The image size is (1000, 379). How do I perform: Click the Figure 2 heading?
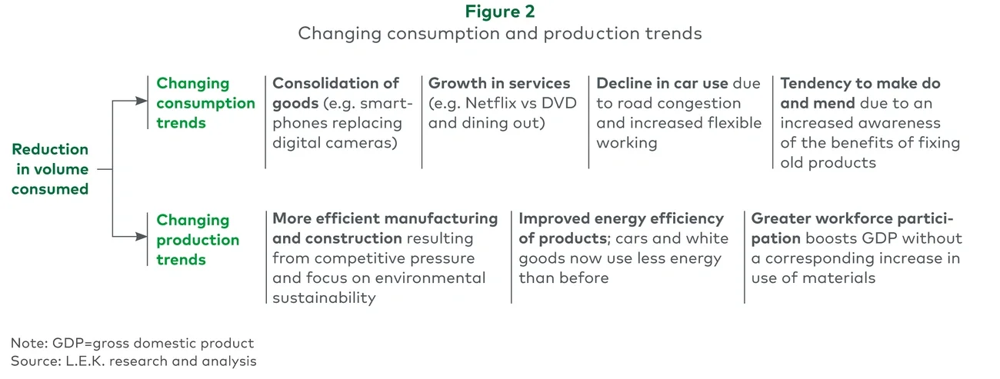pyautogui.click(x=500, y=12)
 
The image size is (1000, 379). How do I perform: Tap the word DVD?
pyautogui.click(x=559, y=103)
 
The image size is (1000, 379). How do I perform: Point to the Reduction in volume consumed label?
pyautogui.click(x=50, y=169)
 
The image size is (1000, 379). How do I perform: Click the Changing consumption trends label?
pyautogui.click(x=205, y=103)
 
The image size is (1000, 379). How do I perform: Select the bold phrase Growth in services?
pyautogui.click(x=499, y=83)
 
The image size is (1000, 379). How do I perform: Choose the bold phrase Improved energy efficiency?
pyautogui.click(x=621, y=219)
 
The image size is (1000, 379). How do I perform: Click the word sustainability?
pyautogui.click(x=324, y=298)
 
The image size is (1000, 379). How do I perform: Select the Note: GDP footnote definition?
pyautogui.click(x=132, y=343)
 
